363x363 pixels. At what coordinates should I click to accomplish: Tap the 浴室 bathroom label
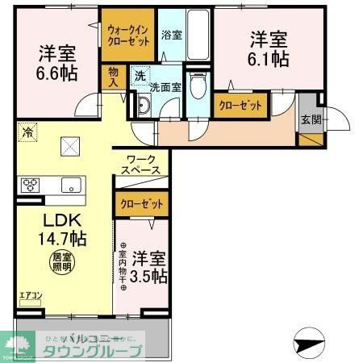click(170, 35)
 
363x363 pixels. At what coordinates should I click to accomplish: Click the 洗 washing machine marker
click(140, 74)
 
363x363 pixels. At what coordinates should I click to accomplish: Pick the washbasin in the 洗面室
click(144, 105)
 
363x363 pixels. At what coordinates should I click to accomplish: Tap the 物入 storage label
click(114, 77)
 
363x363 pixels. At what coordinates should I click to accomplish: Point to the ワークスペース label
click(141, 165)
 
